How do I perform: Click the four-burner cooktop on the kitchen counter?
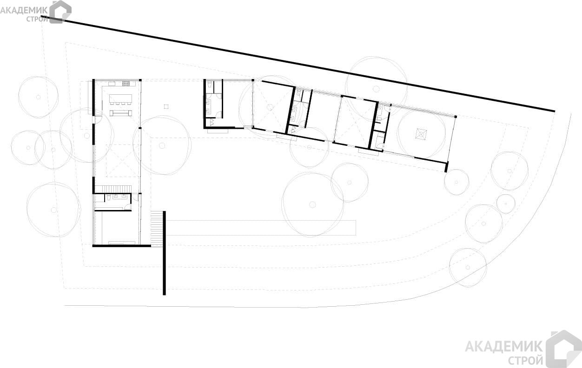pyautogui.click(x=126, y=83)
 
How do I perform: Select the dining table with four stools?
pyautogui.click(x=120, y=99)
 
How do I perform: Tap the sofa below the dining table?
pyautogui.click(x=121, y=113)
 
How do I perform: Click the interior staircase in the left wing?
pyautogui.click(x=112, y=189)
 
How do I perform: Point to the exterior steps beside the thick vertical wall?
pyautogui.click(x=157, y=229)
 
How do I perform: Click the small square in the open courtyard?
pyautogui.click(x=166, y=106)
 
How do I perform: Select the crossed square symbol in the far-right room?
pyautogui.click(x=421, y=134)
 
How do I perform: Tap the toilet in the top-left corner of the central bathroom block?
pyautogui.click(x=210, y=85)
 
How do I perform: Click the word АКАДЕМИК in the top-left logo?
pyautogui.click(x=24, y=11)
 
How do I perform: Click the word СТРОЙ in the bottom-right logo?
pyautogui.click(x=525, y=361)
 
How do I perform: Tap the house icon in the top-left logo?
pyautogui.click(x=60, y=12)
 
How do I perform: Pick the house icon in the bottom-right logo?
pyautogui.click(x=563, y=349)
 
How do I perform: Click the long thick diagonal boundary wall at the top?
pyautogui.click(x=298, y=65)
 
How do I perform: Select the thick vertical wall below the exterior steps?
pyautogui.click(x=164, y=253)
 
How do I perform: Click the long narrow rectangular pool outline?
pyautogui.click(x=261, y=228)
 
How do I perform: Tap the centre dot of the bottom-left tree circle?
pyautogui.click(x=53, y=210)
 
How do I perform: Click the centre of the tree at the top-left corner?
pyautogui.click(x=38, y=97)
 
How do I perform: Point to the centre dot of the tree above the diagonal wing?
pyautogui.click(x=376, y=89)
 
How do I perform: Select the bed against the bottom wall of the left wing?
pyautogui.click(x=122, y=243)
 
